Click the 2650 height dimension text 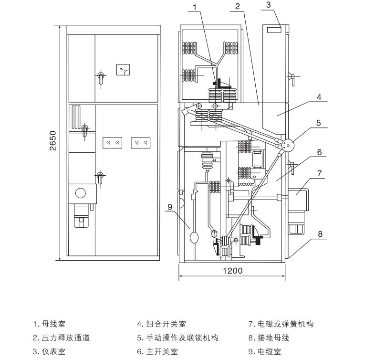tap(53, 141)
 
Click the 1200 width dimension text tap(233, 271)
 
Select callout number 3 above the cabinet tap(269, 4)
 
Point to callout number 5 tap(319, 123)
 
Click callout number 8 tap(320, 234)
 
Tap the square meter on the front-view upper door tap(124, 70)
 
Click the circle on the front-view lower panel tap(81, 193)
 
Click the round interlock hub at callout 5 tap(287, 145)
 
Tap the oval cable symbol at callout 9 tap(194, 237)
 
